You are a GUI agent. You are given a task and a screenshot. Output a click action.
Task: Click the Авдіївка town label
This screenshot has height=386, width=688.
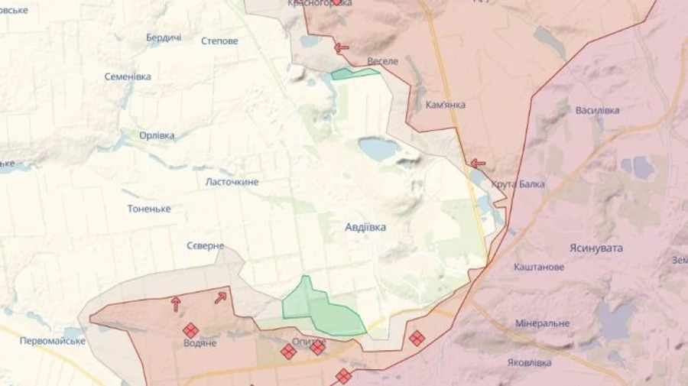click(365, 227)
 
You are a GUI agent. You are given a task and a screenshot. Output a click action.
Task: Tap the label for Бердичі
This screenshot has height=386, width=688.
click(164, 37)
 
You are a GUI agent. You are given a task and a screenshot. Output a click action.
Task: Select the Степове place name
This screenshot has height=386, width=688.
click(219, 41)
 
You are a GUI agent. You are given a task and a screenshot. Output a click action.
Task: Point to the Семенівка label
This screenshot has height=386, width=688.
click(128, 76)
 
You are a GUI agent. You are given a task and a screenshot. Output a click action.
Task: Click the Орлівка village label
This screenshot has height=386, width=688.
click(157, 135)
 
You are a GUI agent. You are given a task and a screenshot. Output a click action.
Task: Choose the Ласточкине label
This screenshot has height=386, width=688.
click(232, 182)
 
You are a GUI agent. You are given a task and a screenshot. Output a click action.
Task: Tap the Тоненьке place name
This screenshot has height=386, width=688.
click(149, 209)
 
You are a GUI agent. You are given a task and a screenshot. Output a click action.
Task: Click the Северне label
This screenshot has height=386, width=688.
click(206, 245)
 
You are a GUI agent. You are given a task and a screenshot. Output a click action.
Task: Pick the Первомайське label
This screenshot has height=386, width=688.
click(52, 340)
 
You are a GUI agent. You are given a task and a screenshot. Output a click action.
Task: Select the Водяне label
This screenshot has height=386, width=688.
click(200, 343)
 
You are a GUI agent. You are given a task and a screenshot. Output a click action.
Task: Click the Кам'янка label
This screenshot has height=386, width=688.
click(446, 105)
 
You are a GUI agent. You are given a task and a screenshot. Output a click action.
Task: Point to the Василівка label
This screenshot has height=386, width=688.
click(597, 110)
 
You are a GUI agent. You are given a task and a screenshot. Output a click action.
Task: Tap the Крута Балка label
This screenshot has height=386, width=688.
click(518, 184)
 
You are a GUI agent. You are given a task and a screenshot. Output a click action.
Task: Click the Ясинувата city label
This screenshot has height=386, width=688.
click(596, 248)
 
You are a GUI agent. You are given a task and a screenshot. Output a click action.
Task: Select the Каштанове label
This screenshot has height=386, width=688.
click(540, 267)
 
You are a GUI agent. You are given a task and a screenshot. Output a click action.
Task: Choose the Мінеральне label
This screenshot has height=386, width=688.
click(542, 323)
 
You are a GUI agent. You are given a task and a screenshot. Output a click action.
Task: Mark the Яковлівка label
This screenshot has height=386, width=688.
click(529, 362)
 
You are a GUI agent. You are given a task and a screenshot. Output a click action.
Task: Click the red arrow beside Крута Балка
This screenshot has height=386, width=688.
click(478, 164)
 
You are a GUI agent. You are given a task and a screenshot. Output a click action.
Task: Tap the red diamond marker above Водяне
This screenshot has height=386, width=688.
click(190, 330)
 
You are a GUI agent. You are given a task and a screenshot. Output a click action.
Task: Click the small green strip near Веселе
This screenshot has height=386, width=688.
click(355, 74)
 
